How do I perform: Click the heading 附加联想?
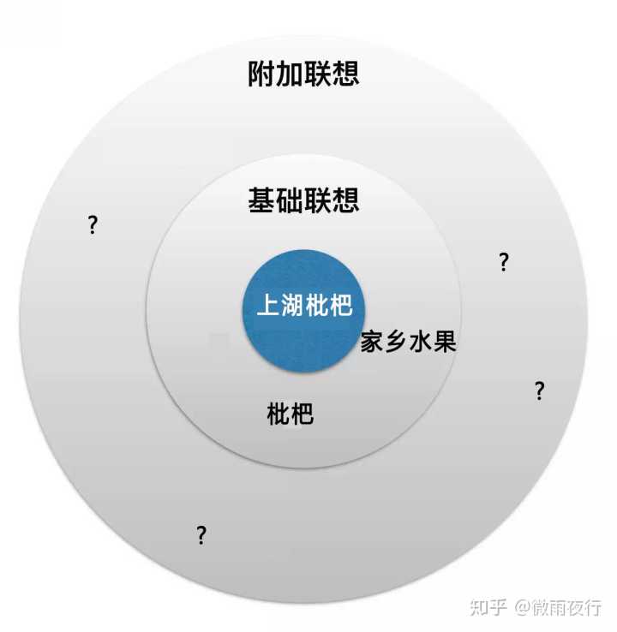click(303, 74)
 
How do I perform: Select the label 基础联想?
click(303, 200)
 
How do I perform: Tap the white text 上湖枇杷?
click(304, 306)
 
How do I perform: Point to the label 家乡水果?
click(408, 343)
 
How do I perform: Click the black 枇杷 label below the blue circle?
click(291, 415)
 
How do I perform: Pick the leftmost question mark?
click(93, 226)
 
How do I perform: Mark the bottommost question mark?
click(201, 536)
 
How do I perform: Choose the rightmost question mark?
click(539, 391)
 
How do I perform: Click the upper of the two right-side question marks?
click(504, 263)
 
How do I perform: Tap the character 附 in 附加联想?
click(261, 74)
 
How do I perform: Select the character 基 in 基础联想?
click(261, 200)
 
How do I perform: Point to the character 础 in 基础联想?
click(290, 200)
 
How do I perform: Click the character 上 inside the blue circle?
click(268, 306)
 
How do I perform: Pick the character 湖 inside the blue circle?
click(292, 306)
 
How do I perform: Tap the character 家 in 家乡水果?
click(372, 343)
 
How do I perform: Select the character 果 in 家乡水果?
click(444, 343)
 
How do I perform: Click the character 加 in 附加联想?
click(290, 74)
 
